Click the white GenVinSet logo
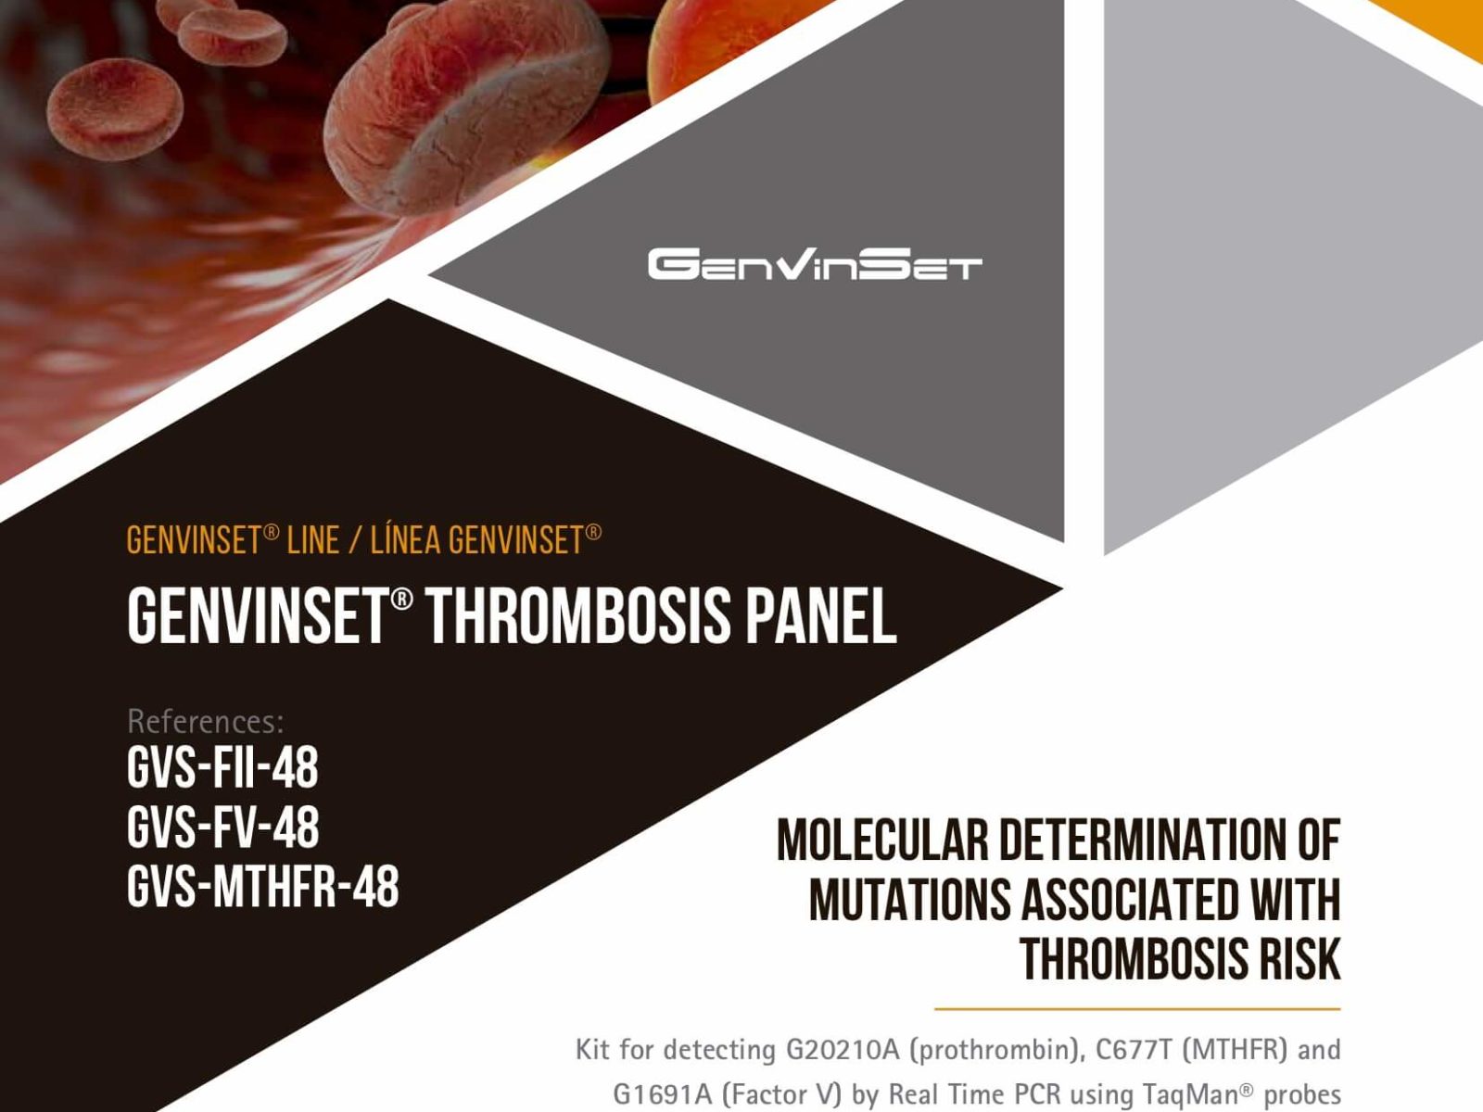[x=815, y=264]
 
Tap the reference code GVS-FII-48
[x=222, y=767]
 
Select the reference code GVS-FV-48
[x=223, y=828]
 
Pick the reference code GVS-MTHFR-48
[x=263, y=887]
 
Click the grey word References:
[x=206, y=721]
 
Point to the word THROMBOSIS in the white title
[x=578, y=615]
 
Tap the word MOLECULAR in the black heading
[x=882, y=840]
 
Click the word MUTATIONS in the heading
[x=908, y=900]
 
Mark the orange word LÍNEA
[x=405, y=540]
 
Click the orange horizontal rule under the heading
[x=1138, y=1009]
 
